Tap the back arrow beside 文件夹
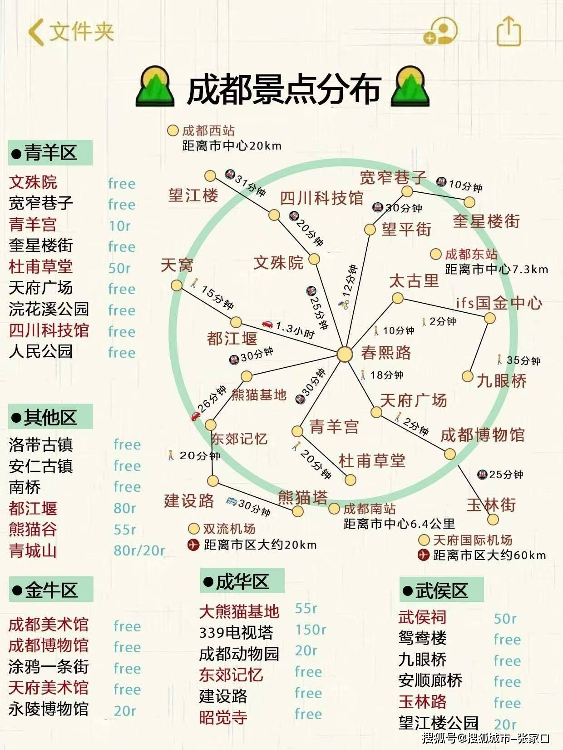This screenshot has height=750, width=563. point(36,32)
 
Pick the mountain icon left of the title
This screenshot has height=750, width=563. point(155,86)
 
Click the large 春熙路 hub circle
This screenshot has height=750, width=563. point(345,354)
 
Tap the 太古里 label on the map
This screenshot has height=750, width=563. point(414,281)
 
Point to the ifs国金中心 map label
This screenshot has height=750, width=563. point(499,303)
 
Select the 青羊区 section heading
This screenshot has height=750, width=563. point(50,153)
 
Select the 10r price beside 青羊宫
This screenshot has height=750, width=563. point(119,225)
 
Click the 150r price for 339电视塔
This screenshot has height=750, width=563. point(311,630)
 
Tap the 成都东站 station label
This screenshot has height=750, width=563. point(471,254)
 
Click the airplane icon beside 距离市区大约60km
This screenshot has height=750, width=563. point(423,555)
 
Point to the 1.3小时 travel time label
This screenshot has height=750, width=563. point(295,330)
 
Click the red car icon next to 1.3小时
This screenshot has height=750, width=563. point(267,324)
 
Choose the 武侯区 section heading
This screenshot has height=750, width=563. point(441,590)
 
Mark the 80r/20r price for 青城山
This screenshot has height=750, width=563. point(139,550)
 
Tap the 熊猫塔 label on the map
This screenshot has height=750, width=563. point(302,497)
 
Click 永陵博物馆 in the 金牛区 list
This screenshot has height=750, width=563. point(49,709)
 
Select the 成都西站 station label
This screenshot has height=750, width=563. point(208,131)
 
